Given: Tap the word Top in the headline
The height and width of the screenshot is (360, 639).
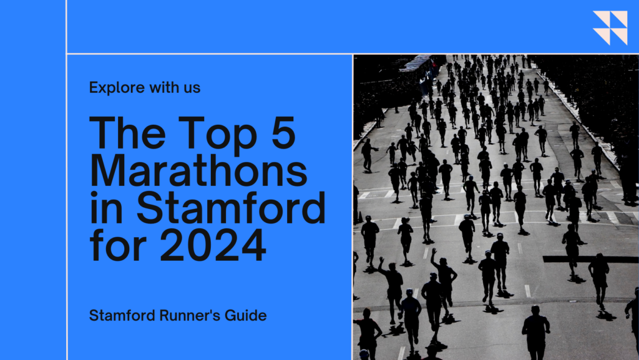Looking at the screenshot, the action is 218,133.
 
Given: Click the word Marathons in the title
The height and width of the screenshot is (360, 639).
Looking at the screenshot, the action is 198,170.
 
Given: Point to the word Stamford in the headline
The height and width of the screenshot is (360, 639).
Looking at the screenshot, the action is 231,208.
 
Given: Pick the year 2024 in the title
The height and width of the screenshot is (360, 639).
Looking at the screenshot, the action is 213,245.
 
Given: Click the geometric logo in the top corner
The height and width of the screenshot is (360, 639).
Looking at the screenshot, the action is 610,27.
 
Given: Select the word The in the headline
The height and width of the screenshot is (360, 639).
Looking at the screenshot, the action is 127,132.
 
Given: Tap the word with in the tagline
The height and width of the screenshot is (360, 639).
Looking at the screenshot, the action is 164,87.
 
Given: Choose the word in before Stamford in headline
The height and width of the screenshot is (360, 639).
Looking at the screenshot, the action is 106,208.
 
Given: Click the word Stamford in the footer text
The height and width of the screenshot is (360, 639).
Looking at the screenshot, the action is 122,315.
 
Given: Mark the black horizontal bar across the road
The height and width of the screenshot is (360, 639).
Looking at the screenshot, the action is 590,260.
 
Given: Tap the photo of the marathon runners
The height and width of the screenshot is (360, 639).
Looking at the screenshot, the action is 496,207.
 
